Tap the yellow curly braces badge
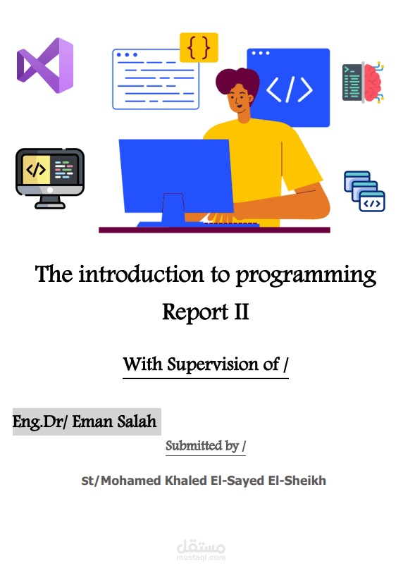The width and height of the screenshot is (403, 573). click(199, 47)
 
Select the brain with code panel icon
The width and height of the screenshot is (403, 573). click(363, 82)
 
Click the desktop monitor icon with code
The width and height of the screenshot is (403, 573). click(50, 178)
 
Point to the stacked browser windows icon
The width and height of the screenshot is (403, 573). click(364, 192)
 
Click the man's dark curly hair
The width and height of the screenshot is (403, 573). click(237, 81)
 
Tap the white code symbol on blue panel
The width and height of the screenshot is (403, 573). click(290, 90)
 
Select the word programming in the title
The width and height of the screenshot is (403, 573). click(306, 276)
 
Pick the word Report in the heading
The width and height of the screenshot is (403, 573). click(195, 313)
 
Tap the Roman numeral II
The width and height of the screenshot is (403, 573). click(242, 312)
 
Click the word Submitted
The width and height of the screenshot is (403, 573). click(194, 446)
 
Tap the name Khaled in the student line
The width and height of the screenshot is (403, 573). click(185, 481)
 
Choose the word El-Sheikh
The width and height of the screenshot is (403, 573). click(297, 481)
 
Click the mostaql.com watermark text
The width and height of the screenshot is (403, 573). click(201, 557)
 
